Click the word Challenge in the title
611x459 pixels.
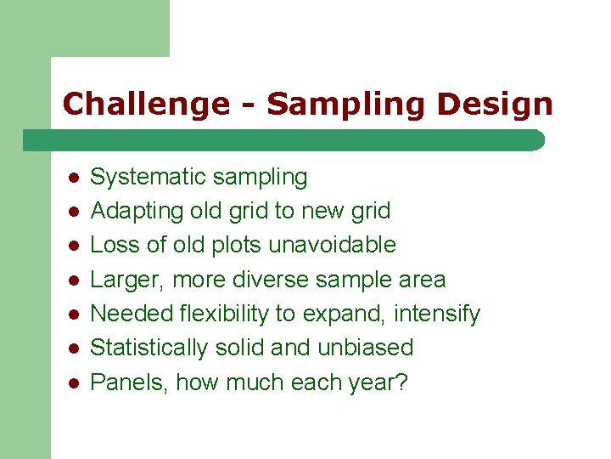tap(145, 105)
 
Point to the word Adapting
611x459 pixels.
tap(129, 211)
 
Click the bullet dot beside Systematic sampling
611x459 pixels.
tap(74, 178)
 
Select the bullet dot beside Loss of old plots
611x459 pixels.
tap(74, 246)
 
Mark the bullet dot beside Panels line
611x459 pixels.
tap(74, 382)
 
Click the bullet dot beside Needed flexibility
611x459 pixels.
tap(74, 314)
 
